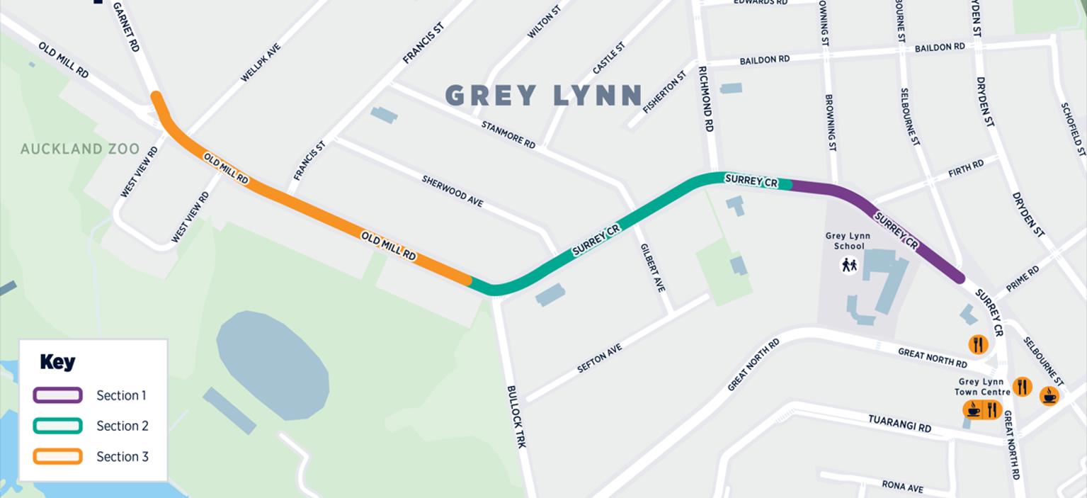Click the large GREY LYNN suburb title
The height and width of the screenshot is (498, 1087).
coord(543,96)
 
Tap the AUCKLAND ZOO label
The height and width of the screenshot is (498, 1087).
coord(80,149)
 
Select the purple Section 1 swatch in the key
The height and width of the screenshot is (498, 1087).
coord(57,395)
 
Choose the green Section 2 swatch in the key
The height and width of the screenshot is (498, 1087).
coord(57,426)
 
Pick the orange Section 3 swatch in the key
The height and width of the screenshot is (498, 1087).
coord(57,456)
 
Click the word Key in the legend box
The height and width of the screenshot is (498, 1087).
coord(57,362)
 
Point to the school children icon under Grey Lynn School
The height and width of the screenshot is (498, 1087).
coord(848,265)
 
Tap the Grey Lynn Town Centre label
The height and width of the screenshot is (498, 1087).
coord(982,387)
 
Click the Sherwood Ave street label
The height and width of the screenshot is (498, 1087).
coord(453,191)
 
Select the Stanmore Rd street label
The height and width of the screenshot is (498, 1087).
coord(508,135)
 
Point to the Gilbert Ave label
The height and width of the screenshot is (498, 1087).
coord(652,268)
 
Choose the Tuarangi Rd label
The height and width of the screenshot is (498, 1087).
coord(899,424)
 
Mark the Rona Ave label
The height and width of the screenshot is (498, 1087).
coord(902,487)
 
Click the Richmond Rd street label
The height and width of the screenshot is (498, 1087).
coord(705,99)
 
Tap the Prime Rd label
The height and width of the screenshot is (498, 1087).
coord(1023,278)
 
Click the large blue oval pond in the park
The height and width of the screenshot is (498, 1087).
coord(272,364)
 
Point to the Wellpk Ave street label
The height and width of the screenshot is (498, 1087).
coord(261,63)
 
